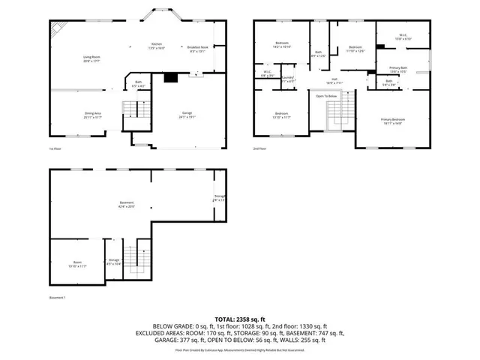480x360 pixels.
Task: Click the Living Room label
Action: (x=92, y=59)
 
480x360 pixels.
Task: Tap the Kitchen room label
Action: (x=157, y=45)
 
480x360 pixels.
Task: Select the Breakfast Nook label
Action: (x=198, y=49)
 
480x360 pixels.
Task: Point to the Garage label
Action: (x=186, y=115)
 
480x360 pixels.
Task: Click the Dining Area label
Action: (x=93, y=115)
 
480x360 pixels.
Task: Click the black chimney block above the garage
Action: (x=171, y=76)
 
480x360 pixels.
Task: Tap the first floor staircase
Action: (x=132, y=111)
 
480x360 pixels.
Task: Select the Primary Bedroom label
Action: (x=393, y=121)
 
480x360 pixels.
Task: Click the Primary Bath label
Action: (x=398, y=70)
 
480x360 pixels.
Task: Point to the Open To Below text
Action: (x=326, y=96)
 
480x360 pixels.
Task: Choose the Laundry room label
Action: (x=289, y=77)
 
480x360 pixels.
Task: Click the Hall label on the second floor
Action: (x=334, y=81)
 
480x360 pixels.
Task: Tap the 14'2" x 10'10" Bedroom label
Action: (x=282, y=44)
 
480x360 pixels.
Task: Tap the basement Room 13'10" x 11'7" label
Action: (x=78, y=264)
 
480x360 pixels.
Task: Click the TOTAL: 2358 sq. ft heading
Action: (x=240, y=319)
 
